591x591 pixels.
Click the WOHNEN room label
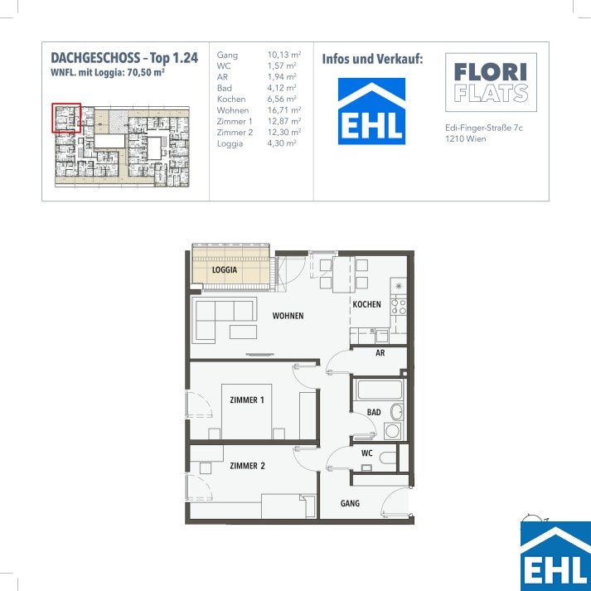point(288,316)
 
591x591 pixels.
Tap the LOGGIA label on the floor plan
point(225,270)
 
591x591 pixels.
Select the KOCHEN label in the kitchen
point(366,304)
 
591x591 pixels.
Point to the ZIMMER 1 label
point(247,400)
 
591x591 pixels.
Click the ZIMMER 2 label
point(247,466)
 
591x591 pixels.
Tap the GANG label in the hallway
point(350,503)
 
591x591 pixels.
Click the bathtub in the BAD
point(380,390)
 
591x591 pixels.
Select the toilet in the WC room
point(388,458)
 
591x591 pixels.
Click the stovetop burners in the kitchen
point(399,307)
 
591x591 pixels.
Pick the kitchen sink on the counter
point(381,336)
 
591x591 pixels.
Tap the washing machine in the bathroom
point(393,431)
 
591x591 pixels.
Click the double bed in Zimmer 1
point(247,412)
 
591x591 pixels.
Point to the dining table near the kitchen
point(343,274)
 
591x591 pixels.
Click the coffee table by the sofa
point(244,332)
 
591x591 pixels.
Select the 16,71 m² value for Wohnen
point(284,110)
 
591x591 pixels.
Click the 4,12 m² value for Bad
point(282,88)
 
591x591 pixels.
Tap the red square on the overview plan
point(66,118)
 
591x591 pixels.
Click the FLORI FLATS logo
point(491,83)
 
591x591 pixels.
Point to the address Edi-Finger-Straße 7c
point(484,128)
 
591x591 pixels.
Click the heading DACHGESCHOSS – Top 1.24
point(124,58)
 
